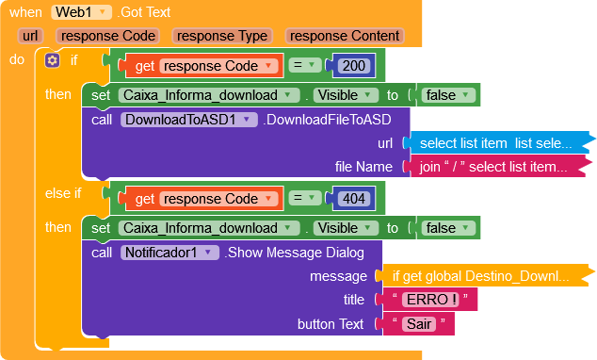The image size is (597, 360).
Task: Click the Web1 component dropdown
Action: point(82,12)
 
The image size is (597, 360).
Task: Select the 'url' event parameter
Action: point(30,36)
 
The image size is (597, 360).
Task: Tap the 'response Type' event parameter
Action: point(222,36)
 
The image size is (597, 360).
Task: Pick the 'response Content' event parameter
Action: point(345,36)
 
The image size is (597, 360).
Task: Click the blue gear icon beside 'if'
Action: point(52,60)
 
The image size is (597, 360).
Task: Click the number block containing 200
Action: point(354,66)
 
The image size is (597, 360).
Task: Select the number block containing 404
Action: point(354,199)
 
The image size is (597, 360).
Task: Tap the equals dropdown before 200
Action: point(305,65)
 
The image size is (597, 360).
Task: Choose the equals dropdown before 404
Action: point(305,198)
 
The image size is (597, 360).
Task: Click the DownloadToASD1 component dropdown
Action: point(189,120)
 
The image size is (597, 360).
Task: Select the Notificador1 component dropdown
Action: point(169,253)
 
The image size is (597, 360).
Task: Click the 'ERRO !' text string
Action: point(429,300)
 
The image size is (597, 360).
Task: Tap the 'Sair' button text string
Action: point(419,324)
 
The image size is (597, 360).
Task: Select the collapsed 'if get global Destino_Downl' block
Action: point(487,275)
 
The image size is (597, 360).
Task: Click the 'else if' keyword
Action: point(63,193)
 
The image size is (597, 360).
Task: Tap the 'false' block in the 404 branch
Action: point(447,228)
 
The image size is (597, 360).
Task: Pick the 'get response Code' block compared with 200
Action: point(203,66)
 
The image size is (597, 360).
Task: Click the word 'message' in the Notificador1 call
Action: point(338,276)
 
